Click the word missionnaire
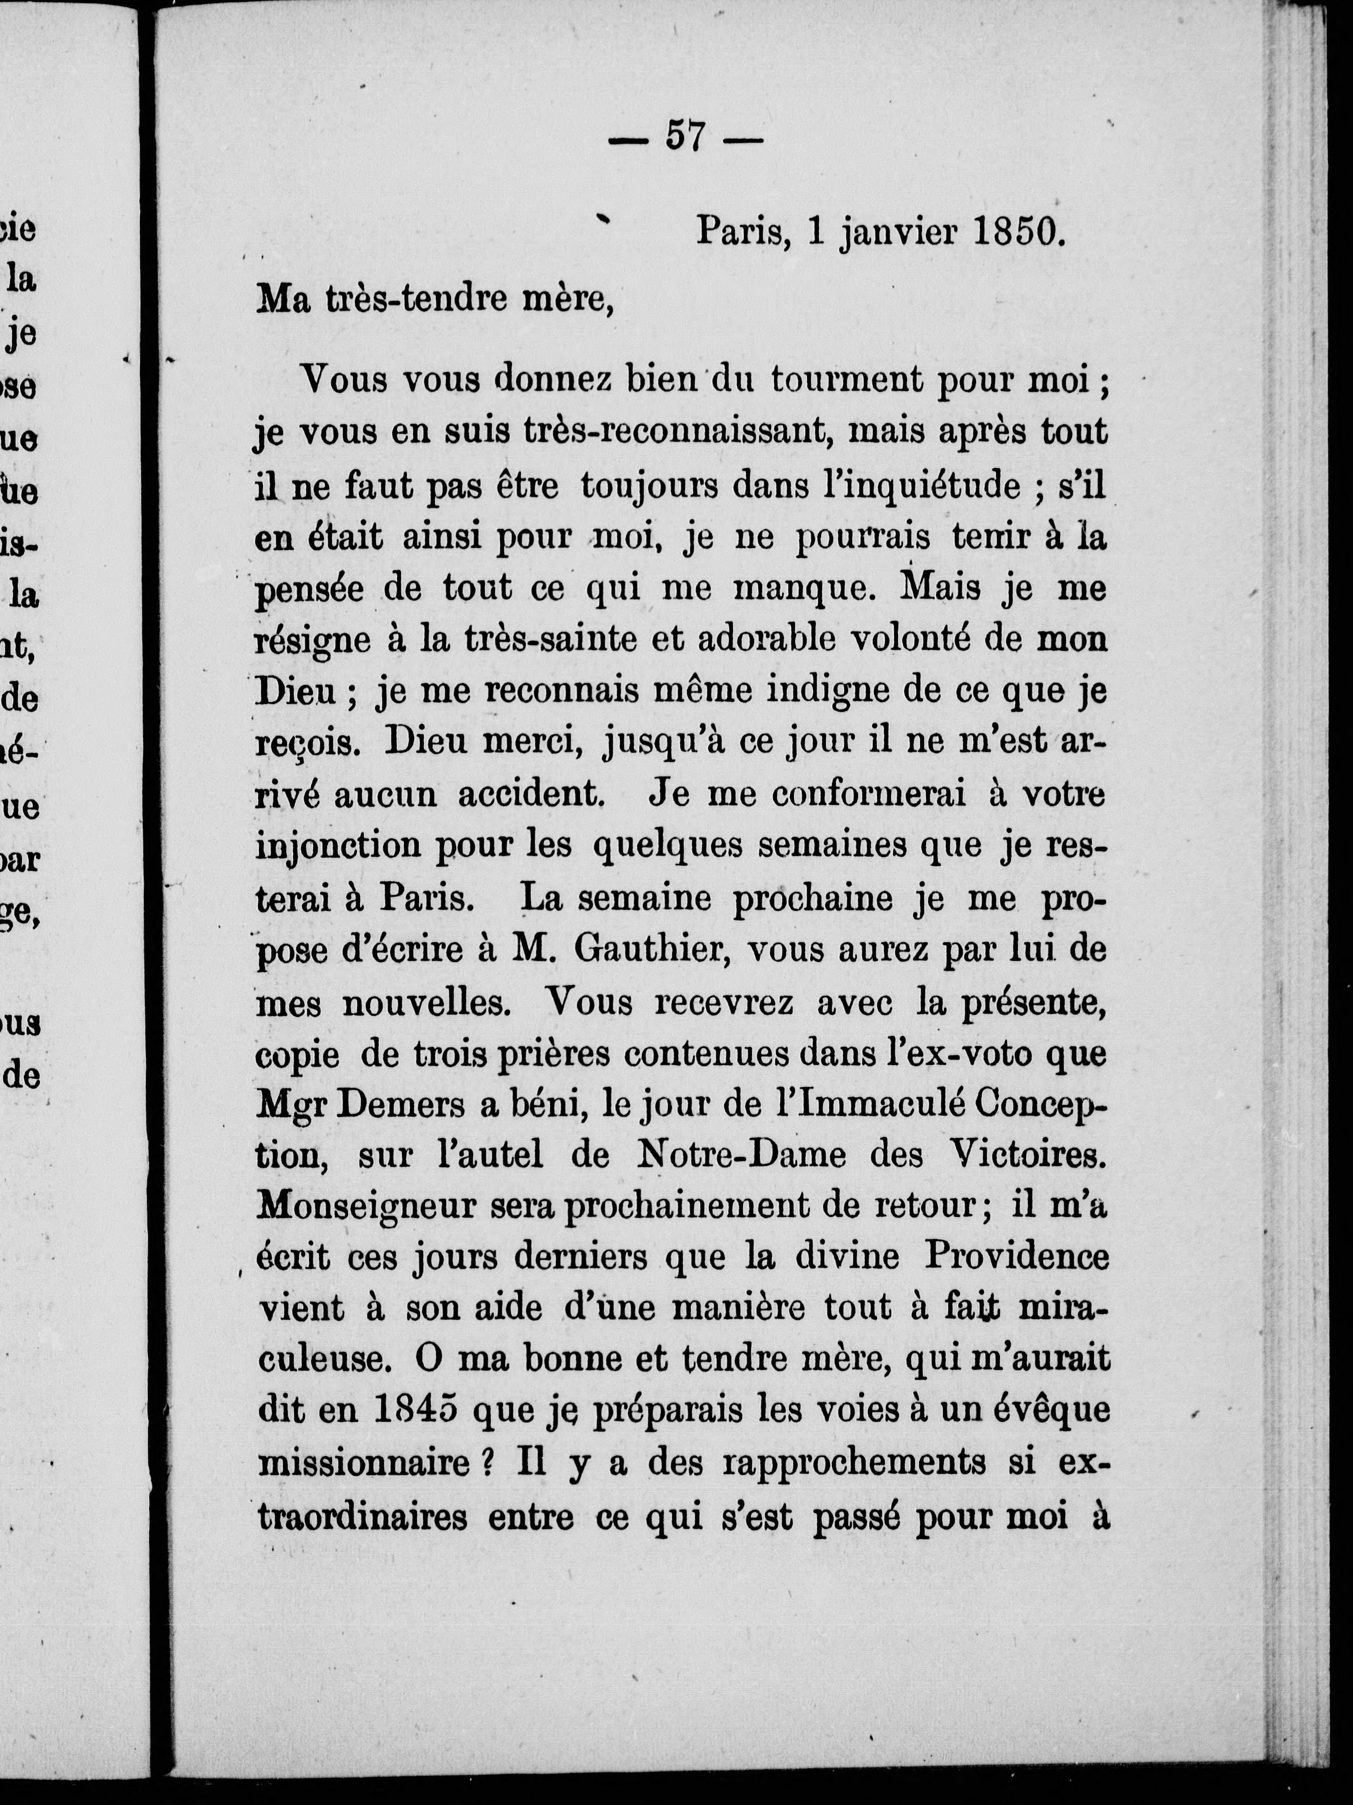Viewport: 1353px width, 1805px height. [364, 1464]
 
